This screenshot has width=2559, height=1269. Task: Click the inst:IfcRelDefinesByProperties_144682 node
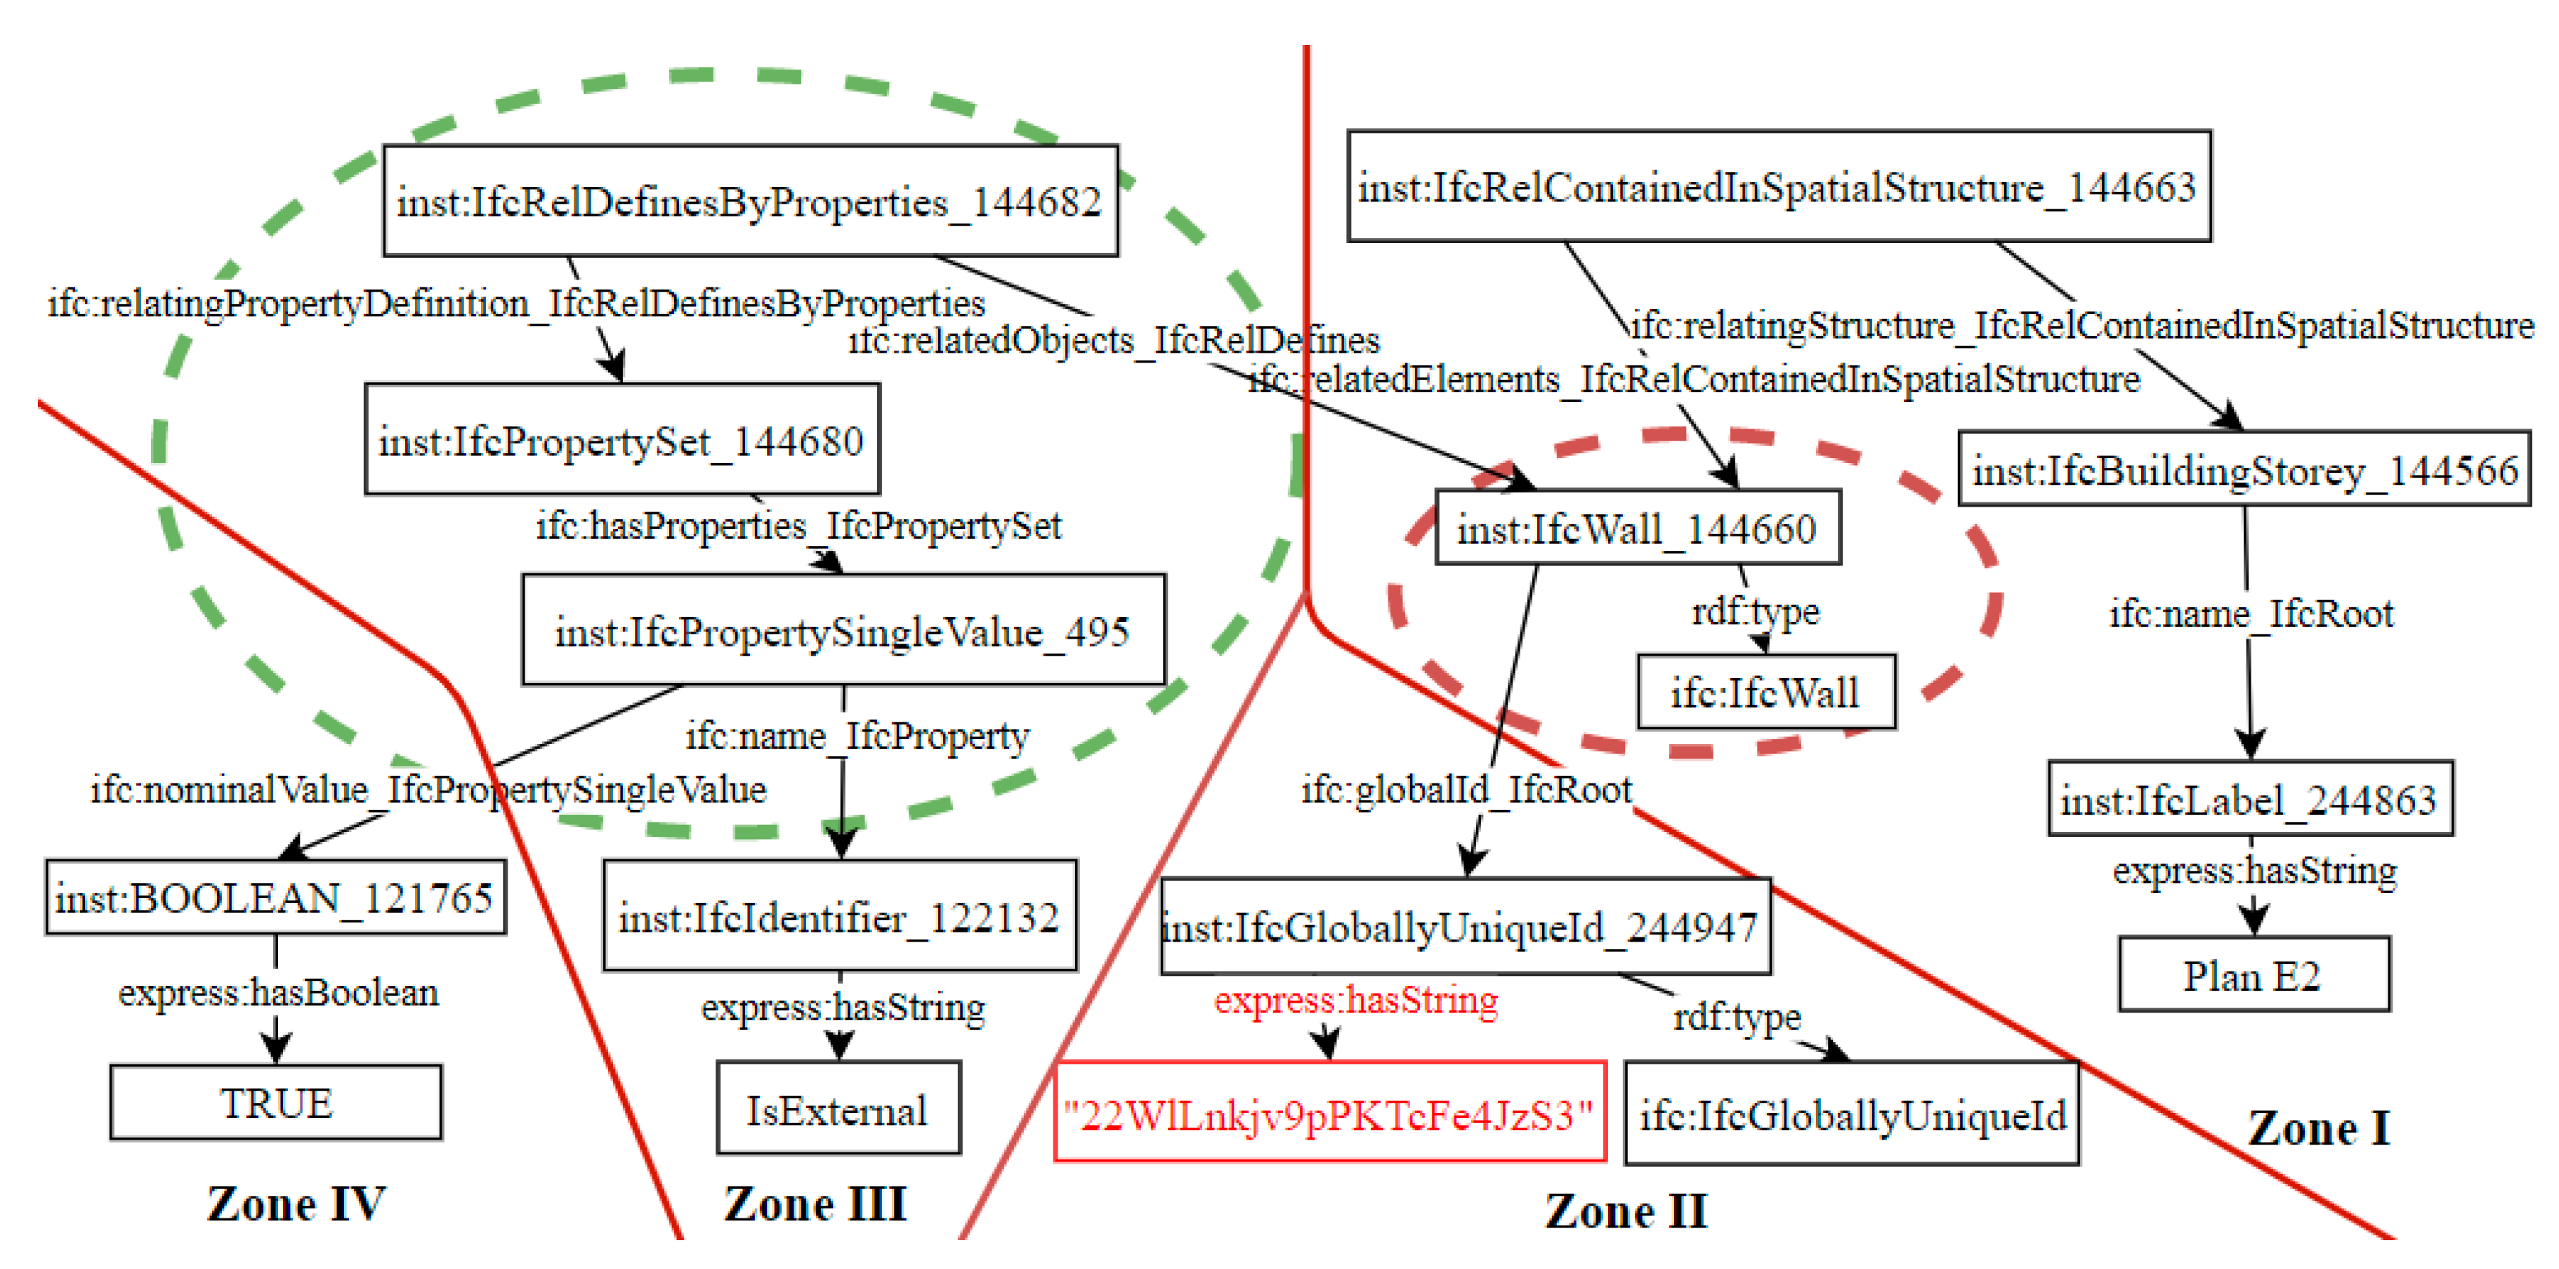750,202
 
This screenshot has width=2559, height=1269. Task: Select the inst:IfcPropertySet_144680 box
622,441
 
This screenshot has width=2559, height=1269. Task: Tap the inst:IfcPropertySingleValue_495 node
843,630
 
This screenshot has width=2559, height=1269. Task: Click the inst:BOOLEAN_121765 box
275,898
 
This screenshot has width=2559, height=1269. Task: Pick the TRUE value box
276,1103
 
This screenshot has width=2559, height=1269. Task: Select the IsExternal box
838,1109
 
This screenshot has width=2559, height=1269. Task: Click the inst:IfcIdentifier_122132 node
839,916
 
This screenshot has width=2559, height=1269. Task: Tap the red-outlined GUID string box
1329,1112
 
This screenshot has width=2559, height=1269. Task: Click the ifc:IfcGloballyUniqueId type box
1852,1114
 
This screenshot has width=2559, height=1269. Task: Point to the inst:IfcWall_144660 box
1637,528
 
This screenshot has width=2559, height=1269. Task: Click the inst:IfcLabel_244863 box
2250,799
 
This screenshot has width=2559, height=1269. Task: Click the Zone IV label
296,1204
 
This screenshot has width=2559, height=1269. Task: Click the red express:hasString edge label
1356,1000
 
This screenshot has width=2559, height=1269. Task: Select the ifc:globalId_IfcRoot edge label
1466,789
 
